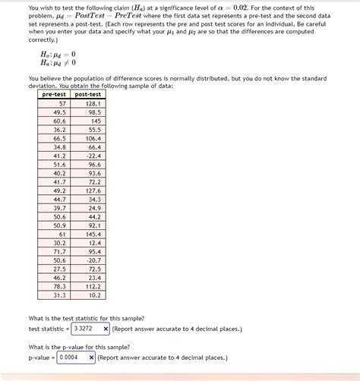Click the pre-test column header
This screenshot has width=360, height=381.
click(55, 94)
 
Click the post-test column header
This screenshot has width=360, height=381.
click(90, 94)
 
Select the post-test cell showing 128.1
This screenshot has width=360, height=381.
click(93, 103)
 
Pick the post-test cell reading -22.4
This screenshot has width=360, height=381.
click(93, 156)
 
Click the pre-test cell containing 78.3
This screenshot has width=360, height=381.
click(59, 286)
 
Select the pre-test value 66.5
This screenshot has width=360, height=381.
click(59, 138)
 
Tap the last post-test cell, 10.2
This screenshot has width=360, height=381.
click(94, 294)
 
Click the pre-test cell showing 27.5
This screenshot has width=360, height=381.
click(59, 269)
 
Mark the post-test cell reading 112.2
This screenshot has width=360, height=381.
click(93, 286)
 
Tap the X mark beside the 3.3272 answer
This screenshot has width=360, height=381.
click(106, 329)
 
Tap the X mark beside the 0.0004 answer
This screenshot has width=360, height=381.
click(91, 357)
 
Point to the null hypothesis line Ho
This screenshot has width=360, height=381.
click(58, 55)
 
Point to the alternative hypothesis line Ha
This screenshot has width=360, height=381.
click(58, 63)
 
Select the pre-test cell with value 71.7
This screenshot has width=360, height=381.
click(59, 251)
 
